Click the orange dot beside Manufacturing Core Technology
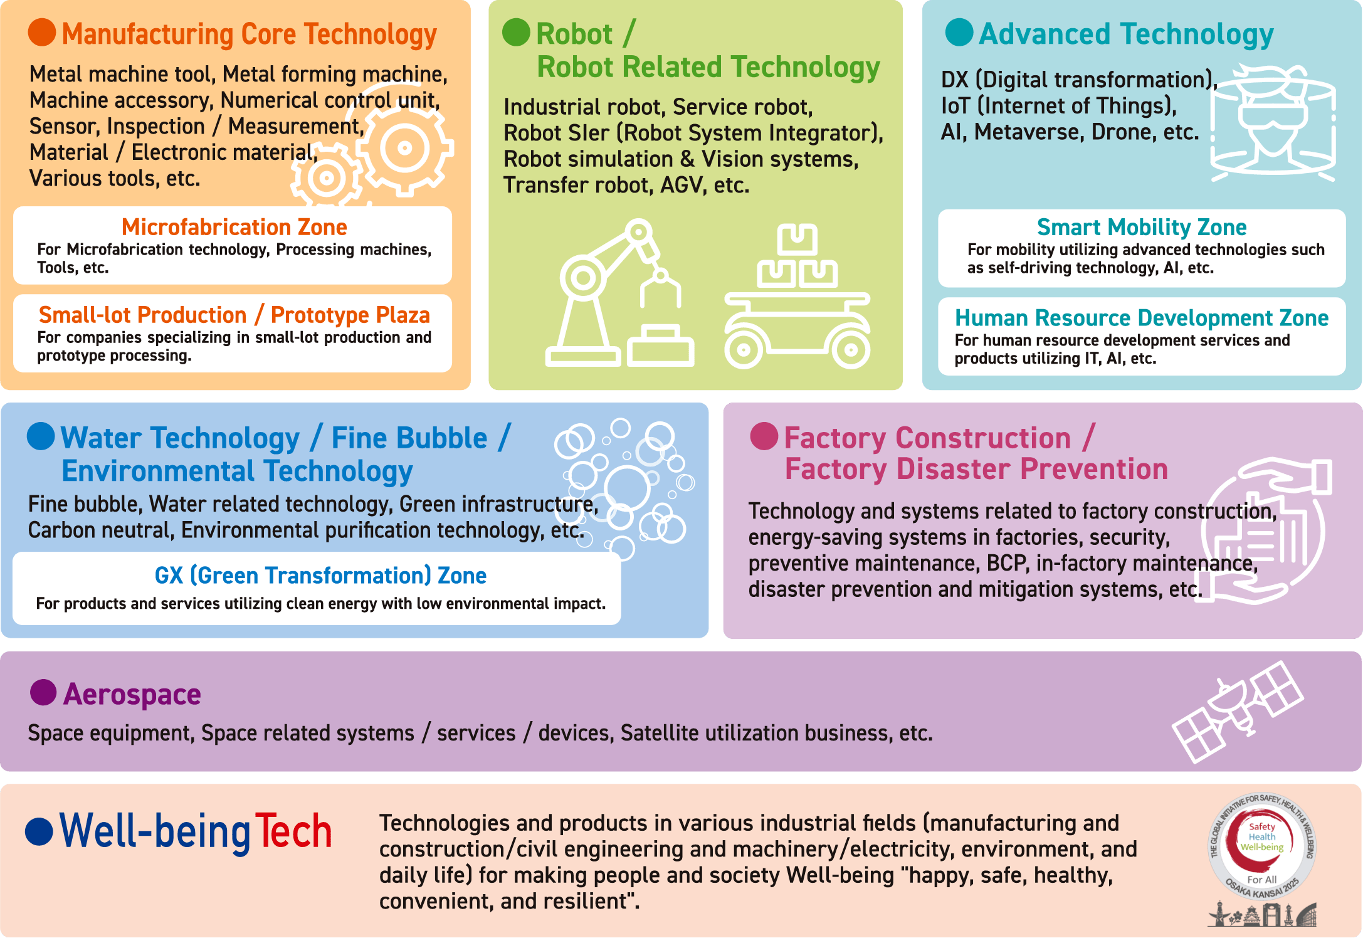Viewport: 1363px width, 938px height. pyautogui.click(x=42, y=32)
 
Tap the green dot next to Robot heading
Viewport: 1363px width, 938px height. pyautogui.click(x=516, y=32)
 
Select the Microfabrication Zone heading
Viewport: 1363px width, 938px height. pyautogui.click(x=234, y=227)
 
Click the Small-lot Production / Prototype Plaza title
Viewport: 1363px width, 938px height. pyautogui.click(x=234, y=315)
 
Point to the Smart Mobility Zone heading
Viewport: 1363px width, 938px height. pyautogui.click(x=1142, y=227)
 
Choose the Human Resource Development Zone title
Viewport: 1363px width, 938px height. pyautogui.click(x=1142, y=318)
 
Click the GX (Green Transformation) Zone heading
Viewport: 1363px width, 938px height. pyautogui.click(x=320, y=576)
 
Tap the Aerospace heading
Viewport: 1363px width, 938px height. pyautogui.click(x=132, y=695)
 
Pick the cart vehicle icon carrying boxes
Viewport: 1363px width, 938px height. pyautogui.click(x=797, y=296)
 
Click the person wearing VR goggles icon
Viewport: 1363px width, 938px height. pyautogui.click(x=1273, y=123)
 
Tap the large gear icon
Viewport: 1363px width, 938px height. pyautogui.click(x=404, y=149)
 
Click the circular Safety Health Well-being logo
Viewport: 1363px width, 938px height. pyautogui.click(x=1262, y=846)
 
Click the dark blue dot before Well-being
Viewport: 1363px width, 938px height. pyautogui.click(x=39, y=831)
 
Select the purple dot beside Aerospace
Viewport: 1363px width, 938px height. pyautogui.click(x=43, y=692)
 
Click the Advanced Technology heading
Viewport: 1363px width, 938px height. pyautogui.click(x=1127, y=34)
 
